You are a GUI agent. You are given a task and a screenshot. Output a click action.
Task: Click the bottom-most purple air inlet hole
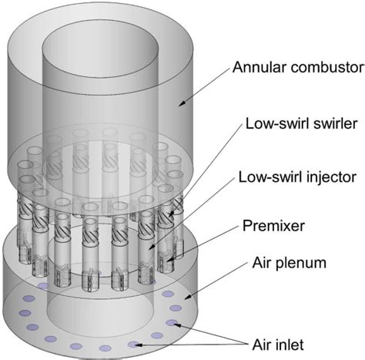pyautogui.click(x=133, y=344)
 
